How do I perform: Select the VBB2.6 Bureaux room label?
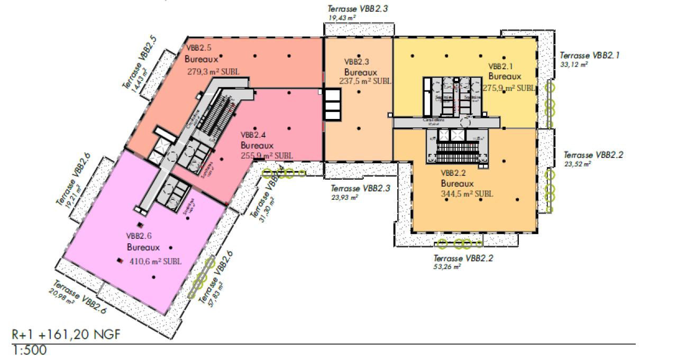tap(143, 242)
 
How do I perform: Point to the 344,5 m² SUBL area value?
tap(467, 194)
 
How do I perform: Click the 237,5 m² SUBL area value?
tap(365, 81)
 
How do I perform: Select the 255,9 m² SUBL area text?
tap(266, 155)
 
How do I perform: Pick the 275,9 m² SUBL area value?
tap(508, 88)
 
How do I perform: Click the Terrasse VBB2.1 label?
tap(590, 55)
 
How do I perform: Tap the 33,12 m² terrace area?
tap(574, 64)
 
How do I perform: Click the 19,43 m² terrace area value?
tap(342, 18)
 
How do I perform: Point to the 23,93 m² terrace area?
tap(344, 197)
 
